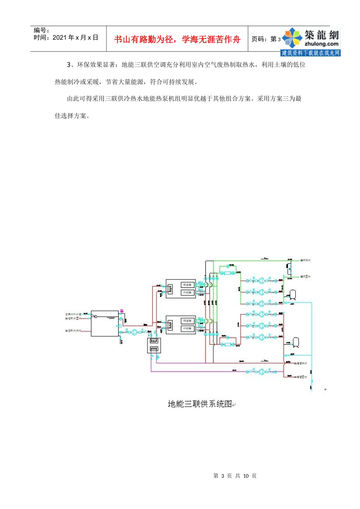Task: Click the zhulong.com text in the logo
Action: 321,44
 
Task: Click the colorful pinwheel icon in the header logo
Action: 292,38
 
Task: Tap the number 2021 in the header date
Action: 59,37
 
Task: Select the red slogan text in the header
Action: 177,39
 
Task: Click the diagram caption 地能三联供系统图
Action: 200,404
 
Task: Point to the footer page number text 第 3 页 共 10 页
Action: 235,476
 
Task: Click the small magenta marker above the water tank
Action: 122,311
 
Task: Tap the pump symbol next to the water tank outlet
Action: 135,332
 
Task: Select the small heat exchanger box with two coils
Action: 154,345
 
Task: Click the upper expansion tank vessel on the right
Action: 293,294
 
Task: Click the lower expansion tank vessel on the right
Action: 297,342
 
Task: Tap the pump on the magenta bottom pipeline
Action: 261,372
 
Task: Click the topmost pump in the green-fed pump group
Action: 261,281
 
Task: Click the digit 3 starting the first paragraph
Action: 69,65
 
